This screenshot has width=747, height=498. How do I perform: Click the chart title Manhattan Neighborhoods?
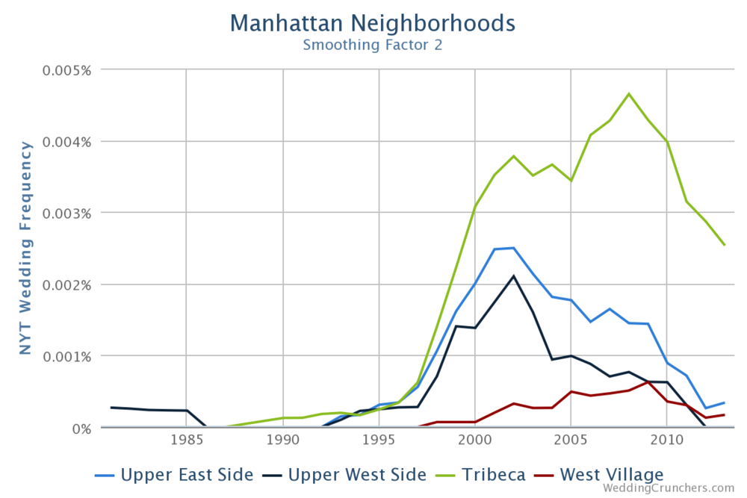[x=372, y=22]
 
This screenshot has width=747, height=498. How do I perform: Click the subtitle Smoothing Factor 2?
[x=372, y=45]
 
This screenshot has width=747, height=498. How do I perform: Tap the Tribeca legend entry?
[x=485, y=474]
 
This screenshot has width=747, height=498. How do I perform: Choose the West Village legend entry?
[x=601, y=474]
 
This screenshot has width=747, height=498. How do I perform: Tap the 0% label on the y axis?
[x=80, y=428]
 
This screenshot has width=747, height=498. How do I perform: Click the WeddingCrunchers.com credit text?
[x=669, y=488]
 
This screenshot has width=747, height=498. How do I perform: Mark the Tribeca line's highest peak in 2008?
[x=628, y=94]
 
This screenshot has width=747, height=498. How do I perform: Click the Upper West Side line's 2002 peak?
[x=513, y=276]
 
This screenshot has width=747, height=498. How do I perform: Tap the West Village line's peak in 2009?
[x=648, y=382]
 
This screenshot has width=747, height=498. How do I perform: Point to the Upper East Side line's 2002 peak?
[x=513, y=248]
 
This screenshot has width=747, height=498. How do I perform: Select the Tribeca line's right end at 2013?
[x=724, y=245]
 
